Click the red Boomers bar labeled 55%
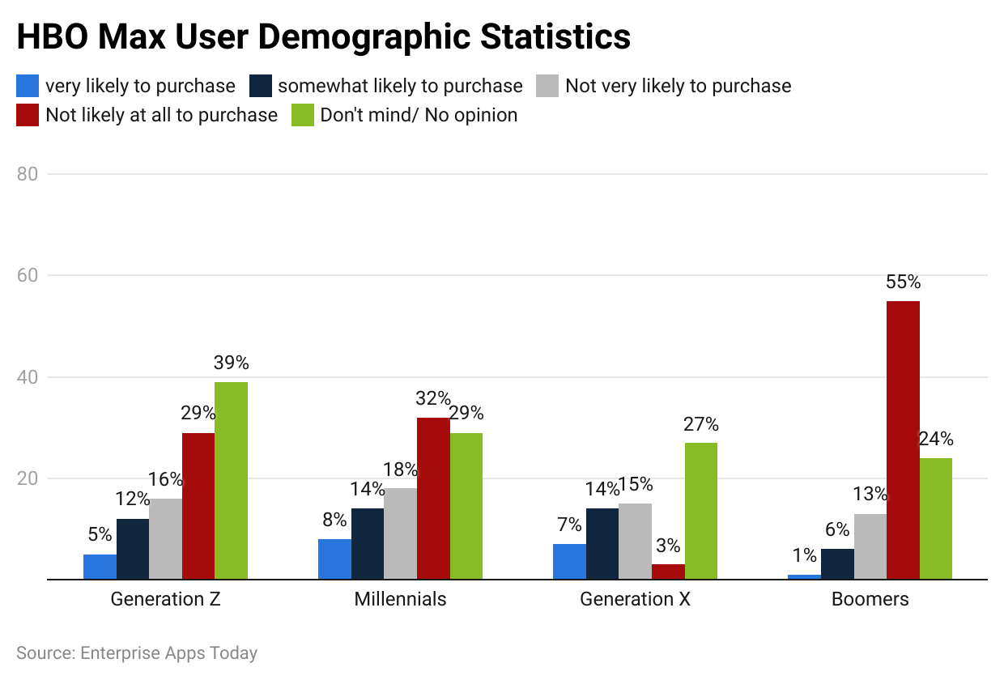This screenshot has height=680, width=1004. [903, 440]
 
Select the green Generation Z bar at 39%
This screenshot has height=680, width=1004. [231, 481]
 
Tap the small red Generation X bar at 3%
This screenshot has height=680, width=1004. [668, 572]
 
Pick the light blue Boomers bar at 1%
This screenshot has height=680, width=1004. [804, 576]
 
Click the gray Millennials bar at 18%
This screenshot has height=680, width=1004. [400, 533]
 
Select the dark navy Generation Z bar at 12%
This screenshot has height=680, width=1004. [133, 549]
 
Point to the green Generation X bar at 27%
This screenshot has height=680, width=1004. [700, 511]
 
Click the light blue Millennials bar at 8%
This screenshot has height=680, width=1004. [334, 559]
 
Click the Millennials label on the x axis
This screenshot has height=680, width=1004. [400, 600]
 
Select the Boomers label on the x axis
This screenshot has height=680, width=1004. [870, 600]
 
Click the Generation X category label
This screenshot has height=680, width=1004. [635, 600]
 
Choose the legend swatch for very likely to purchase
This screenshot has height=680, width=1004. [28, 86]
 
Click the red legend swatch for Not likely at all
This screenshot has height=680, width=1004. [28, 115]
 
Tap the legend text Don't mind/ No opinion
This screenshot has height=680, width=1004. [419, 115]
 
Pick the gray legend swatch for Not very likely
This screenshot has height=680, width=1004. [548, 86]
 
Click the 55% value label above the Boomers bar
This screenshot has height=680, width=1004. [903, 283]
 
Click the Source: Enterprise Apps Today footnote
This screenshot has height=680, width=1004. [137, 653]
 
